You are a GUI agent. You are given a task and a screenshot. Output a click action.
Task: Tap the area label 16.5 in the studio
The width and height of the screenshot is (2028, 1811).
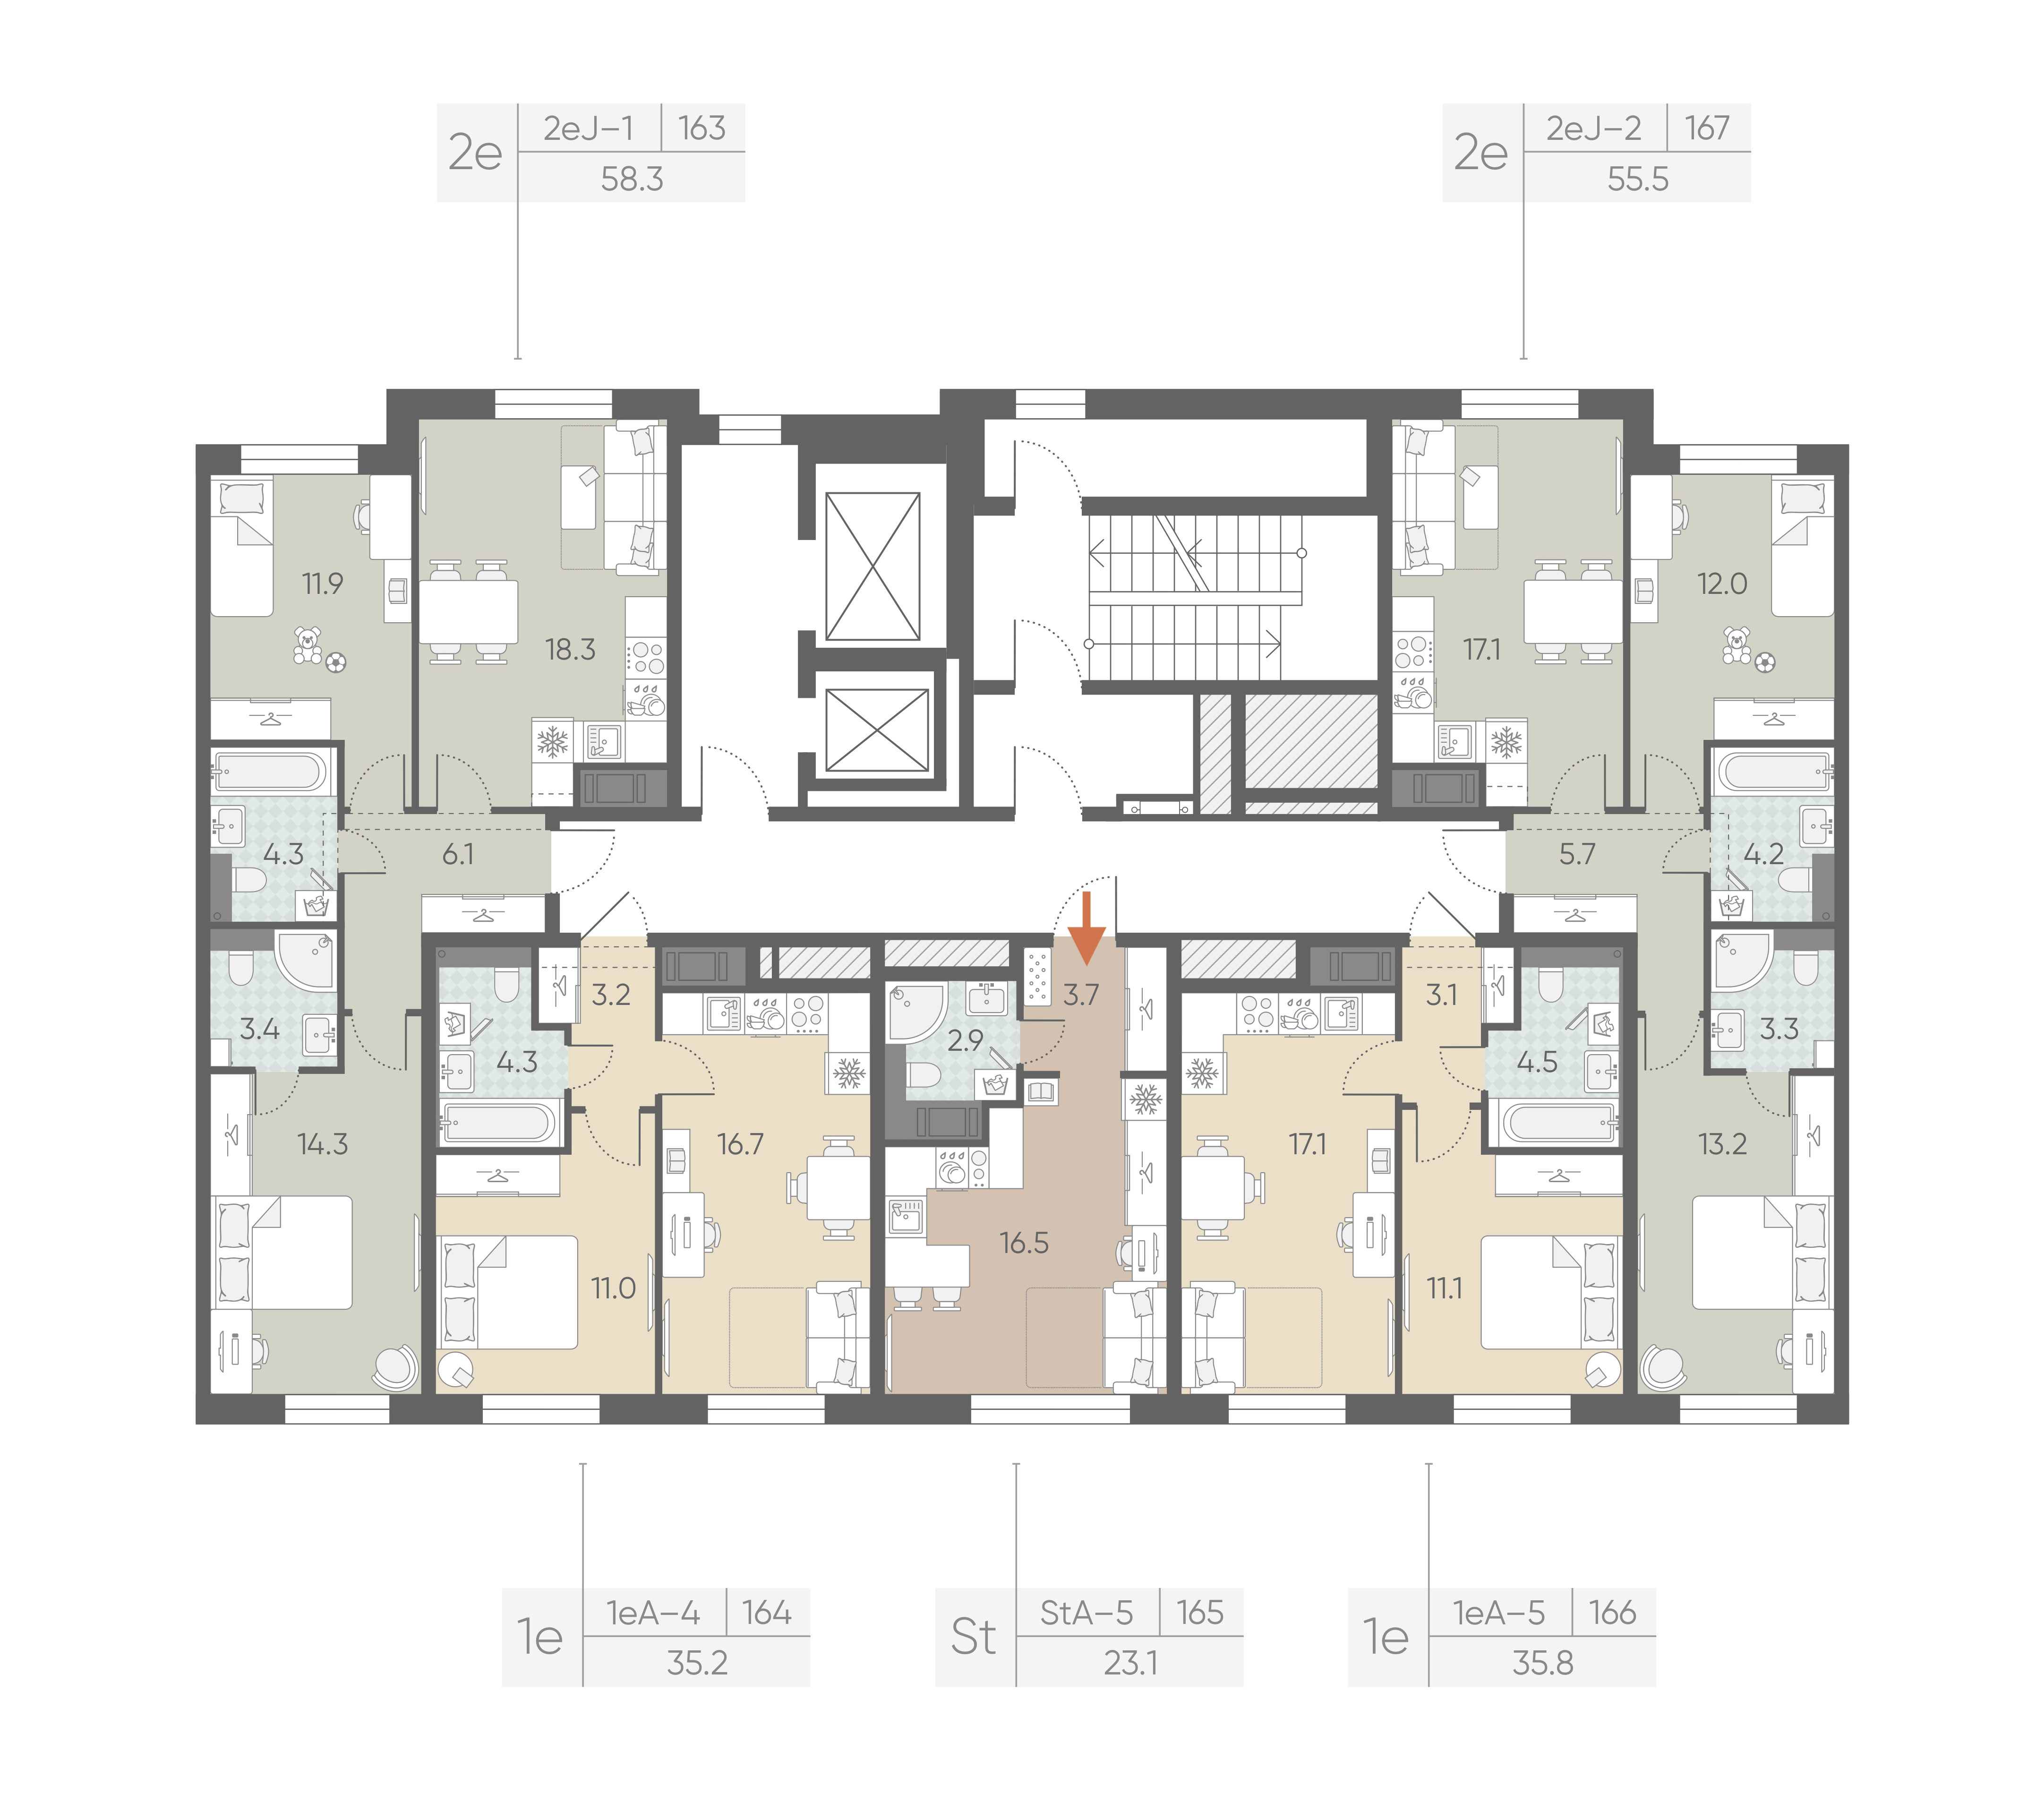[x=1024, y=1243]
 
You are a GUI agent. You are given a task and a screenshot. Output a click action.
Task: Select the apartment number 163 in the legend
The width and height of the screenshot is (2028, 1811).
[x=702, y=129]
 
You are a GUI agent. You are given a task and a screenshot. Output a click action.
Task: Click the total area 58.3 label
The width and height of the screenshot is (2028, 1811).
[x=632, y=179]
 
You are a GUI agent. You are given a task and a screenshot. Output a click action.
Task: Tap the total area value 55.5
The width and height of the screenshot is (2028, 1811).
[x=1638, y=179]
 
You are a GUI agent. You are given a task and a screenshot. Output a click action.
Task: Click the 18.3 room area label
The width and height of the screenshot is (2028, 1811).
[x=570, y=650]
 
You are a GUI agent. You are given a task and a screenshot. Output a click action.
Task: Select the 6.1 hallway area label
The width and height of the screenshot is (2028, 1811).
[x=458, y=854]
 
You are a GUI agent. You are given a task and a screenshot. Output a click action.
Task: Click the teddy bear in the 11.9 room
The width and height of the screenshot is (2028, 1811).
[x=308, y=645]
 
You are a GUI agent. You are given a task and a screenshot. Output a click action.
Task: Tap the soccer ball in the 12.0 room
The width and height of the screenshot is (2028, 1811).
[x=1765, y=662]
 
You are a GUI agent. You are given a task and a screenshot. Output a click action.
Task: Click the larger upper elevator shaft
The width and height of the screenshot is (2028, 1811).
[x=873, y=566]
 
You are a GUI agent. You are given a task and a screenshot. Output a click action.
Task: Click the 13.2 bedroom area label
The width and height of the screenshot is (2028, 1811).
[x=1722, y=1144]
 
